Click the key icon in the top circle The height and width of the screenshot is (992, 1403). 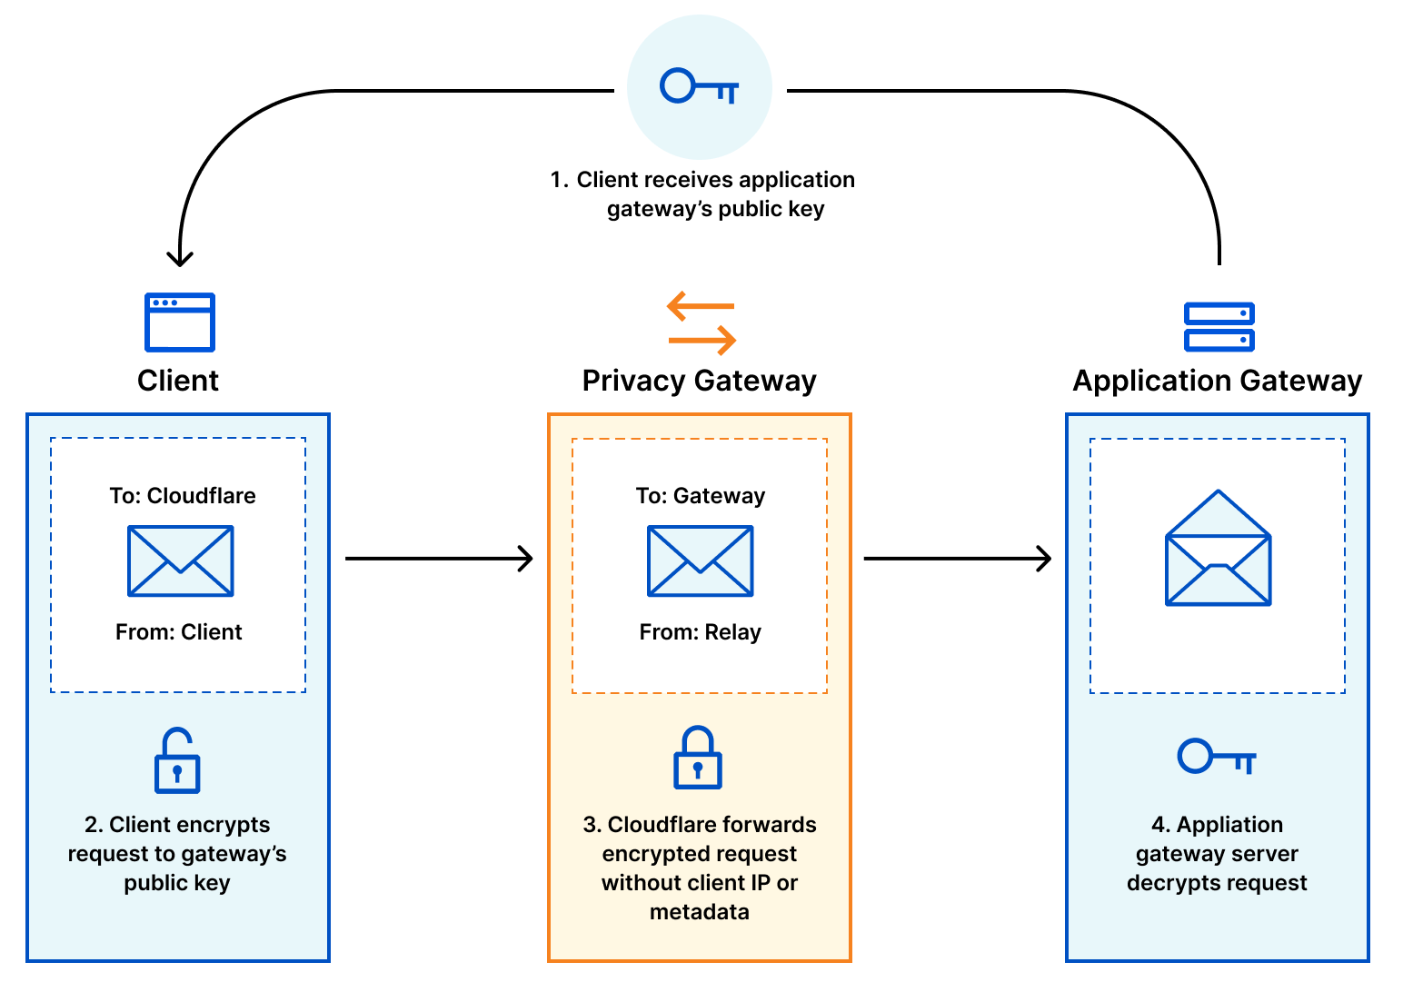pyautogui.click(x=699, y=87)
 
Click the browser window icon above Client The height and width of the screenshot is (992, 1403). pyautogui.click(x=180, y=322)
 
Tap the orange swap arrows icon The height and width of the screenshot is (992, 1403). pyautogui.click(x=701, y=323)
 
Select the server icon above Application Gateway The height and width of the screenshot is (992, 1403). pyautogui.click(x=1219, y=327)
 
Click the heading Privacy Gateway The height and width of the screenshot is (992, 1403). pyautogui.click(x=699, y=381)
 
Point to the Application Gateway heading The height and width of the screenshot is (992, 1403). pyautogui.click(x=1217, y=381)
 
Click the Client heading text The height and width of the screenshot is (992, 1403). pyautogui.click(x=178, y=381)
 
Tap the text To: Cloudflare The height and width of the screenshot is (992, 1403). pyautogui.click(x=183, y=496)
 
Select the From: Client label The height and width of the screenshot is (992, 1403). pyautogui.click(x=179, y=632)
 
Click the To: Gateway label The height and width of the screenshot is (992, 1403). pyautogui.click(x=701, y=496)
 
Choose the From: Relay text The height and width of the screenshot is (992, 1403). pyautogui.click(x=701, y=632)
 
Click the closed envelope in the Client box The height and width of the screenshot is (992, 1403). pyautogui.click(x=181, y=560)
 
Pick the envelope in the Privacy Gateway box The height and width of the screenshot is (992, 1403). pyautogui.click(x=700, y=560)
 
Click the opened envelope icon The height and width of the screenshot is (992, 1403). pyautogui.click(x=1218, y=550)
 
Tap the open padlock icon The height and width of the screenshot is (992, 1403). pyautogui.click(x=177, y=760)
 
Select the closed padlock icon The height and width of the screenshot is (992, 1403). pyautogui.click(x=697, y=758)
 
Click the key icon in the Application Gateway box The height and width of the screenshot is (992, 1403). pyautogui.click(x=1216, y=756)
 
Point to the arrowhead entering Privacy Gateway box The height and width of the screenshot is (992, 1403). pyautogui.click(x=525, y=559)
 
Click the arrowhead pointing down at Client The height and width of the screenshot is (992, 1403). pyautogui.click(x=180, y=258)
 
